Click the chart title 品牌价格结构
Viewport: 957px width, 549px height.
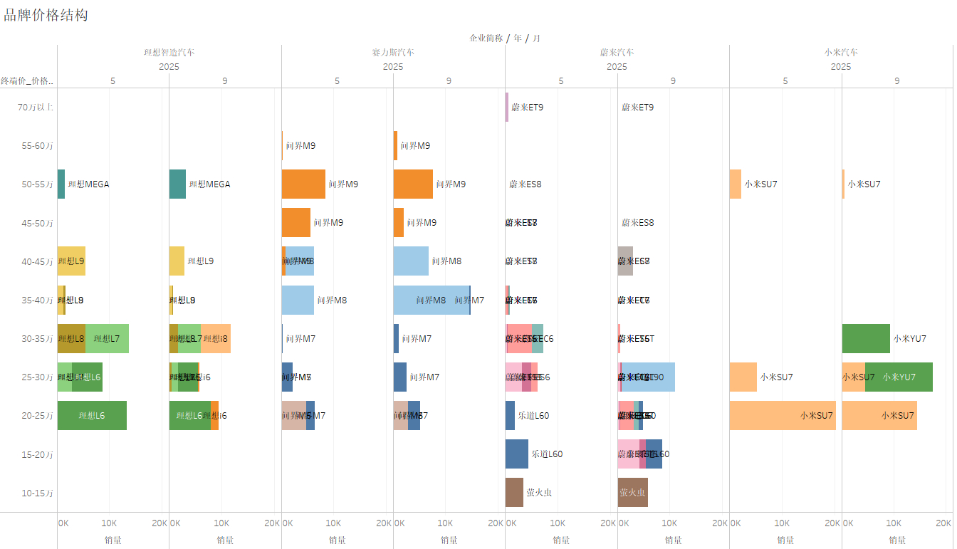tap(46, 15)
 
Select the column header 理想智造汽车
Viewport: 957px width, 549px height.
tap(169, 53)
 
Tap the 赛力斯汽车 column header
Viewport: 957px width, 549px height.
tap(393, 53)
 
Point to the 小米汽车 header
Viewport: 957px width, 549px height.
tap(841, 53)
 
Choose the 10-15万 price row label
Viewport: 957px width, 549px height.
tap(37, 493)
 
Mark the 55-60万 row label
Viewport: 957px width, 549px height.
tap(37, 146)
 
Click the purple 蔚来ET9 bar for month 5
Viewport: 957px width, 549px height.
tap(507, 108)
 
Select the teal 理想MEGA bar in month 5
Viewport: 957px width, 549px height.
tap(61, 184)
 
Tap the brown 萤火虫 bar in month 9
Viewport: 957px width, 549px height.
tap(632, 492)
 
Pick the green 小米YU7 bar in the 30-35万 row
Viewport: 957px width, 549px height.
tap(866, 338)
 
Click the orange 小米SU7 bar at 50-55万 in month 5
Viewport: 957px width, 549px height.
tap(736, 184)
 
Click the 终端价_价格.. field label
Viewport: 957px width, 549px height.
tap(27, 80)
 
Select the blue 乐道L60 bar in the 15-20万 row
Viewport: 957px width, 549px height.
tap(516, 454)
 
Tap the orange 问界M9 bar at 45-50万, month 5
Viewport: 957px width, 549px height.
tap(296, 222)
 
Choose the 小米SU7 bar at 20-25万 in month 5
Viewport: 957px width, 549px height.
tap(782, 415)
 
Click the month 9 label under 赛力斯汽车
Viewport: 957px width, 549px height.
tap(449, 80)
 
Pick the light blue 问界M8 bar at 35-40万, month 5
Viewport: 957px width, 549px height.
tap(298, 300)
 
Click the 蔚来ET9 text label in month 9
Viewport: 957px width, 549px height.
tap(637, 108)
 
